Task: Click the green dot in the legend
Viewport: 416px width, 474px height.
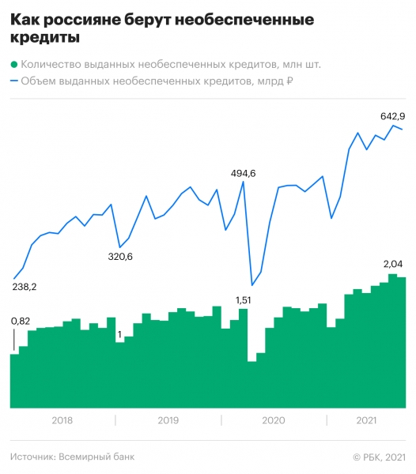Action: pos(14,65)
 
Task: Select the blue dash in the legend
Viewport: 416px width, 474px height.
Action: pos(14,81)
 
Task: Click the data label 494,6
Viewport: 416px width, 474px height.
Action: pos(243,173)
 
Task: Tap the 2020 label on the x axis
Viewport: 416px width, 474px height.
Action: pos(273,420)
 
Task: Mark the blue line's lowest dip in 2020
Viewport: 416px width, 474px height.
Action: pos(251,285)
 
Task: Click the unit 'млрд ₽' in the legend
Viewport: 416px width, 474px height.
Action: pos(278,81)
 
